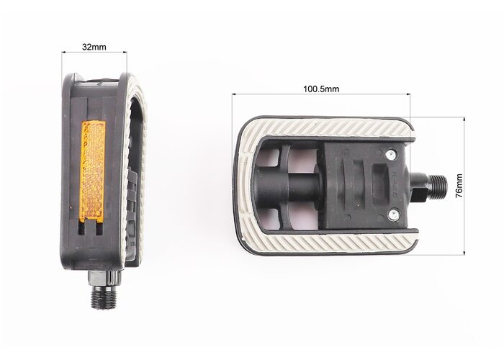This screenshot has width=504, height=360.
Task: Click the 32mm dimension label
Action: tap(94, 47)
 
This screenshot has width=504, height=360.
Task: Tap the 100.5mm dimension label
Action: tap(321, 89)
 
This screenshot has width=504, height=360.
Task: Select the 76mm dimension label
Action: tap(459, 186)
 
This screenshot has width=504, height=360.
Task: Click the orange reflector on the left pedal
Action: tap(92, 172)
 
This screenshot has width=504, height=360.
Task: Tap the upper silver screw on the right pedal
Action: tap(390, 156)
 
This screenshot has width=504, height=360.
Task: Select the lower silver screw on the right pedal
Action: tap(393, 215)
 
